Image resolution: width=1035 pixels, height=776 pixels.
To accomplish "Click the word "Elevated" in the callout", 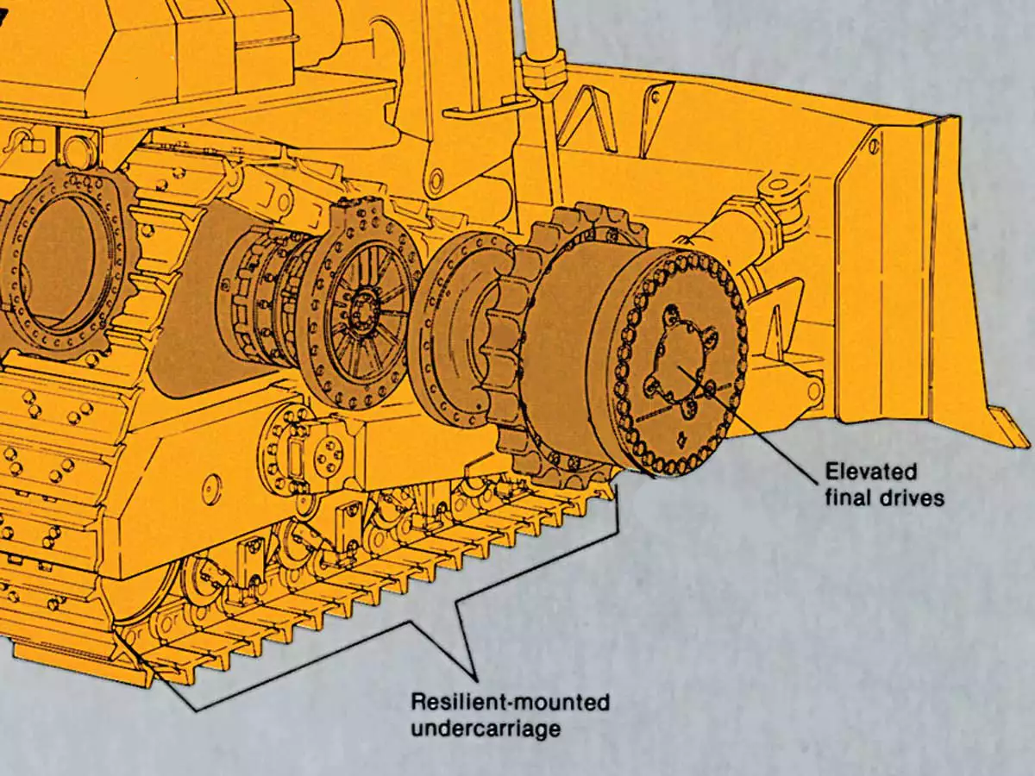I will tap(870, 472).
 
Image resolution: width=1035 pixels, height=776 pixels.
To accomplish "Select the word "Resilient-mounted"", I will tap(510, 702).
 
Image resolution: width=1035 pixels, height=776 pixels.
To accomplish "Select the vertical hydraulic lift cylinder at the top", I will tap(538, 43).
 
